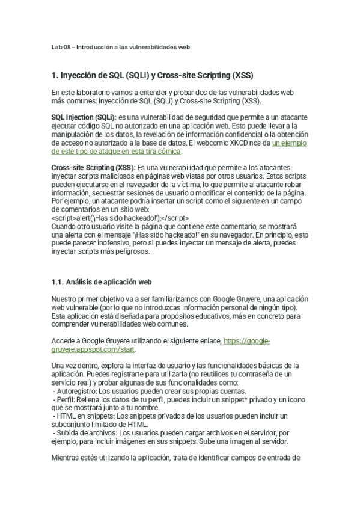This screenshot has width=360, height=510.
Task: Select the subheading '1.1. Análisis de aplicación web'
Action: (105, 281)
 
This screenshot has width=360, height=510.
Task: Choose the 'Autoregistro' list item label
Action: (75, 390)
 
